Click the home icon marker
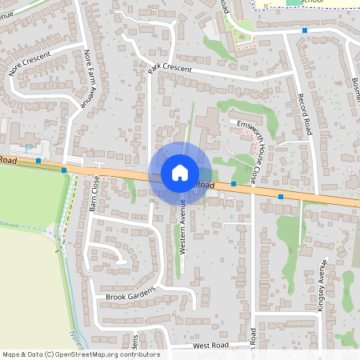click(x=180, y=173)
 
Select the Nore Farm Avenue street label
click(x=90, y=79)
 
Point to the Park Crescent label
click(x=170, y=70)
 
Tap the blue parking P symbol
click(x=30, y=148)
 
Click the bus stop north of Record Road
click(x=304, y=30)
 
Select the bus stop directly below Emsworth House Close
click(x=233, y=184)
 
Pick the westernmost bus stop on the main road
click(x=38, y=161)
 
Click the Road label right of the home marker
click(x=206, y=185)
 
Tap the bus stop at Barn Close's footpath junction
click(x=64, y=170)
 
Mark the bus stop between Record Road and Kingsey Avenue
click(x=281, y=196)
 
